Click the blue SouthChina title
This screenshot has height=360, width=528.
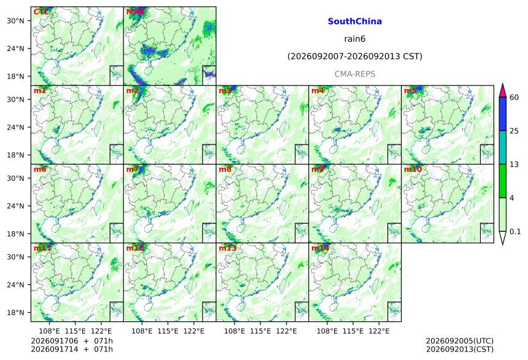pyautogui.click(x=355, y=22)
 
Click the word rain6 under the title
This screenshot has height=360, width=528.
pyautogui.click(x=355, y=39)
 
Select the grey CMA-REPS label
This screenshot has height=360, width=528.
pyautogui.click(x=355, y=74)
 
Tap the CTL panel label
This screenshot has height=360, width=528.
pyautogui.click(x=41, y=12)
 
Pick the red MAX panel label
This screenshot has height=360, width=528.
pyautogui.click(x=135, y=12)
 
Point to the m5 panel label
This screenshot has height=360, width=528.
pyautogui.click(x=410, y=91)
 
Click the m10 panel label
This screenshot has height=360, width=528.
pyautogui.click(x=413, y=170)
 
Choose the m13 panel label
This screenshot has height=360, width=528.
pyautogui.click(x=228, y=248)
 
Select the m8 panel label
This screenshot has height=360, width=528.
pyautogui.click(x=225, y=170)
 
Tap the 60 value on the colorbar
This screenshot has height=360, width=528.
pyautogui.click(x=514, y=98)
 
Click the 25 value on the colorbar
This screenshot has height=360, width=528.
pyautogui.click(x=514, y=131)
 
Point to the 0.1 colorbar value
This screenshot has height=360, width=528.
pyautogui.click(x=515, y=232)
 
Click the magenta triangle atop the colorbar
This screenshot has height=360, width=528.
pyautogui.click(x=503, y=90)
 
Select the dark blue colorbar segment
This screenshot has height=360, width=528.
pyautogui.click(x=503, y=114)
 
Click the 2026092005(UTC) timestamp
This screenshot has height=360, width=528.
pyautogui.click(x=460, y=341)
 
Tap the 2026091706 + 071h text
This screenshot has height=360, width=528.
pyautogui.click(x=72, y=341)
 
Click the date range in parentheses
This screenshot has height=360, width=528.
pyautogui.click(x=355, y=57)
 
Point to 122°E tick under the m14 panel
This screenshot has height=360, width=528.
pyautogui.click(x=379, y=331)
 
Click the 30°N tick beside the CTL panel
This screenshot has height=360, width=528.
pyautogui.click(x=15, y=21)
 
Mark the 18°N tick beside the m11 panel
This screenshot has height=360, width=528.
pyautogui.click(x=15, y=313)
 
